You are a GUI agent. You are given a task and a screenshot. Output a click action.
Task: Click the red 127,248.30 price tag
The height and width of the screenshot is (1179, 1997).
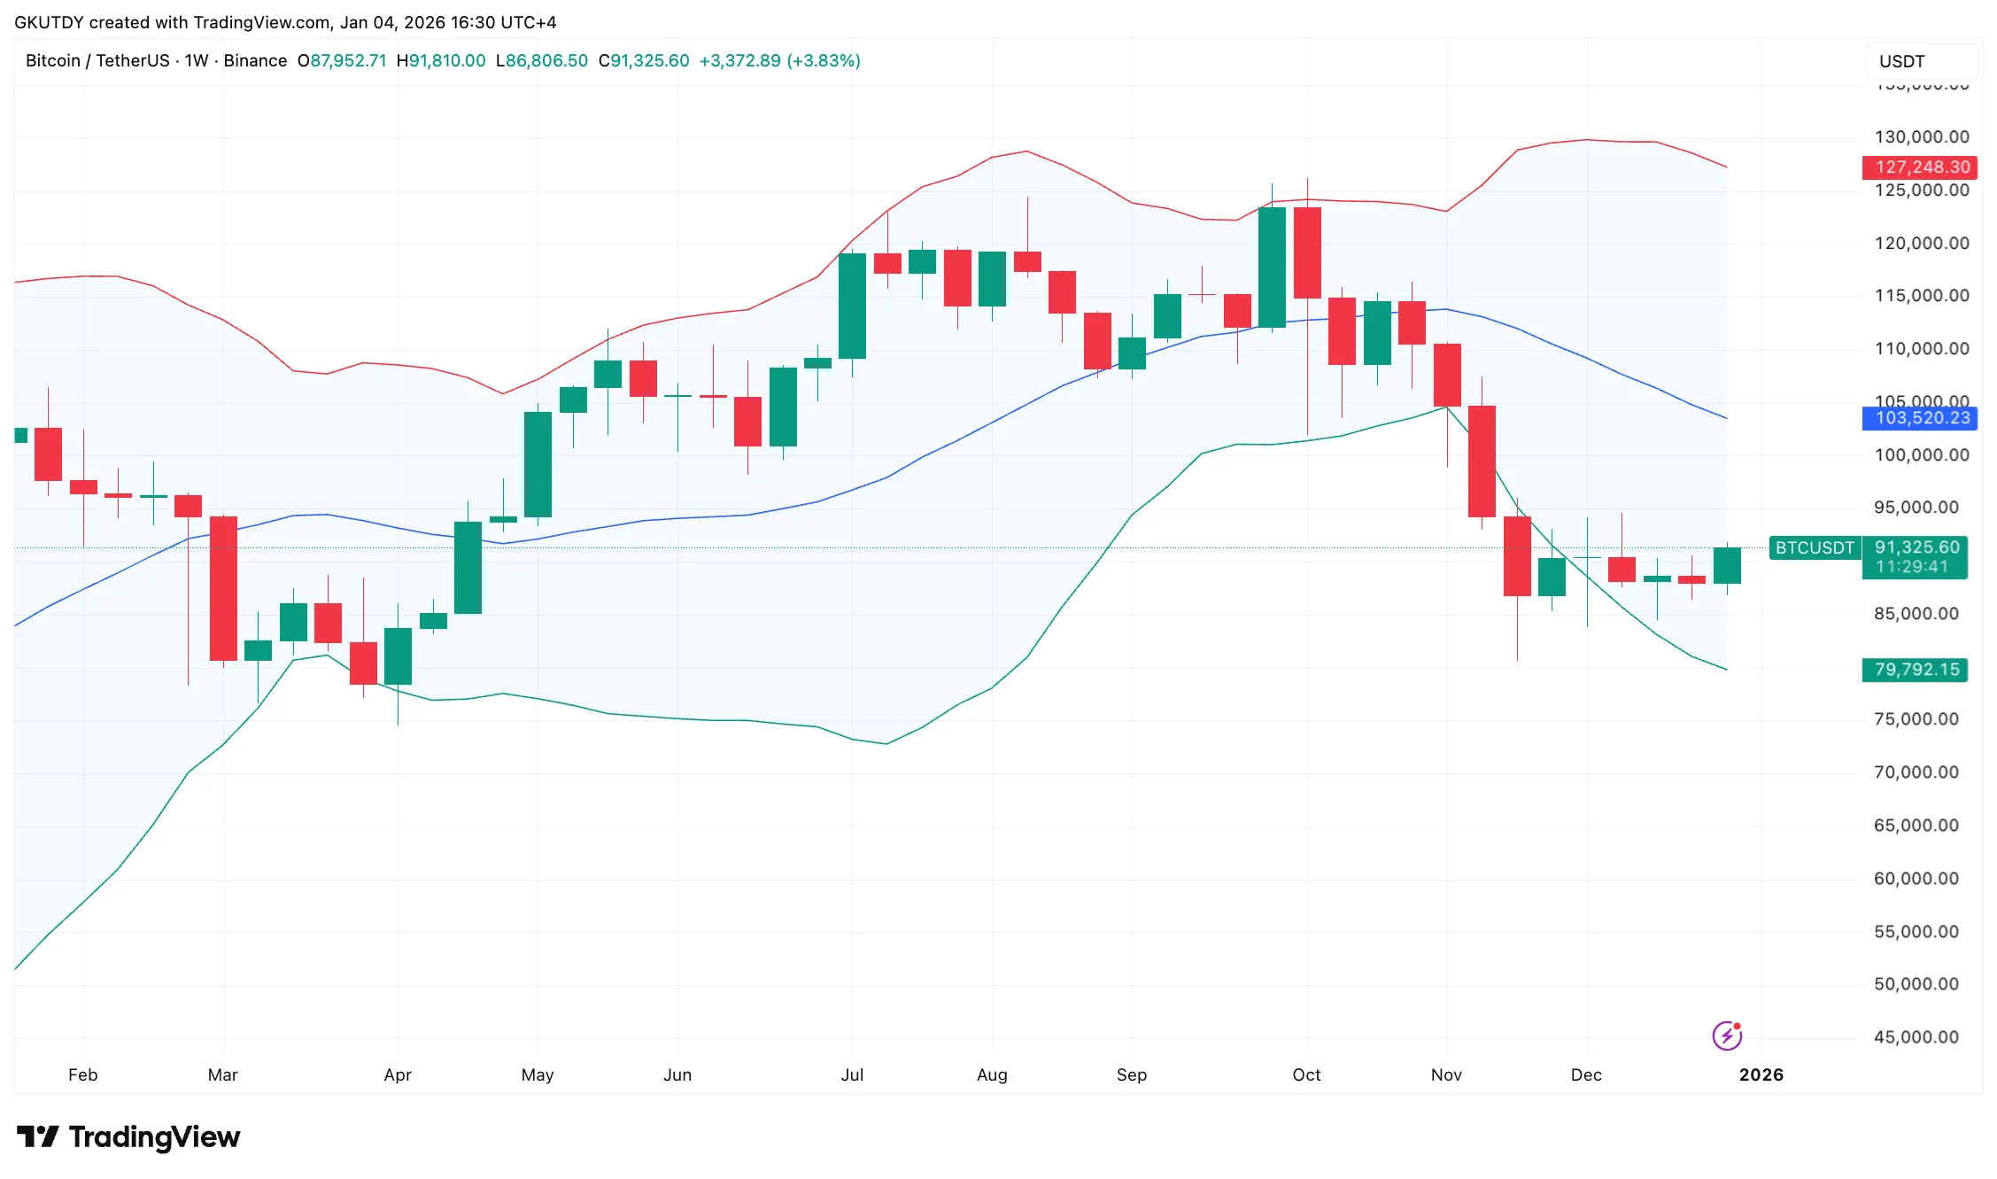tap(1919, 167)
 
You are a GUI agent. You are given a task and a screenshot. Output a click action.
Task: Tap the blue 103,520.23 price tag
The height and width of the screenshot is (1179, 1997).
tap(1919, 418)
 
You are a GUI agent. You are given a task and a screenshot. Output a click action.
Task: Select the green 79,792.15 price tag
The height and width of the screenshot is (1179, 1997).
tap(1914, 670)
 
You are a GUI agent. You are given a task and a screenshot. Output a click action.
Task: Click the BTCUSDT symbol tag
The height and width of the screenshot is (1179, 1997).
tap(1814, 547)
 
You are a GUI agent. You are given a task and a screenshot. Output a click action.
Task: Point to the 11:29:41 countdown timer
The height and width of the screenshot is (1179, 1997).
tap(1912, 567)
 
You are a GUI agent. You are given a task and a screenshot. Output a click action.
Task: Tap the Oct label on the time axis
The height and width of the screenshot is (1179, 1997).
tap(1306, 1074)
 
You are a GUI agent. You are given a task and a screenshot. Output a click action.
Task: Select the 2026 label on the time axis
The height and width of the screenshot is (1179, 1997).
tap(1761, 1074)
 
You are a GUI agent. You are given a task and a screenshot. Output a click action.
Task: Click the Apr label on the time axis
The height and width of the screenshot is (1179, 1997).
tap(398, 1074)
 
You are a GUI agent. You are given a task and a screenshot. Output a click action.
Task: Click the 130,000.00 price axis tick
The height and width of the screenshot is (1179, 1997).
tap(1921, 136)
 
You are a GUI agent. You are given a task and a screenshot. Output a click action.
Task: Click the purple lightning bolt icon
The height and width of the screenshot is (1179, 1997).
tap(1726, 1035)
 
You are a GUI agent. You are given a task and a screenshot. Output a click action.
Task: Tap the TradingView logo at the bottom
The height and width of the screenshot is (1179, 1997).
tap(128, 1136)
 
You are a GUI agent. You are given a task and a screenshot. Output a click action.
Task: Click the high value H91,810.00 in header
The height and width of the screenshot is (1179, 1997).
tap(441, 60)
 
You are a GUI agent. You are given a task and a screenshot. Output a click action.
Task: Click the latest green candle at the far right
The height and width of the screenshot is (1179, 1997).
tap(1727, 565)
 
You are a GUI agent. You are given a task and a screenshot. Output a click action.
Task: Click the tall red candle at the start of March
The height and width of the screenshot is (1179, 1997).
tap(223, 588)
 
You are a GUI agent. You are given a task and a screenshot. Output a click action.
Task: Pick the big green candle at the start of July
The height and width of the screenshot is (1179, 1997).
tap(852, 306)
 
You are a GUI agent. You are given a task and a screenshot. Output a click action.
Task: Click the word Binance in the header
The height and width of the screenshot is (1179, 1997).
tap(255, 60)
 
